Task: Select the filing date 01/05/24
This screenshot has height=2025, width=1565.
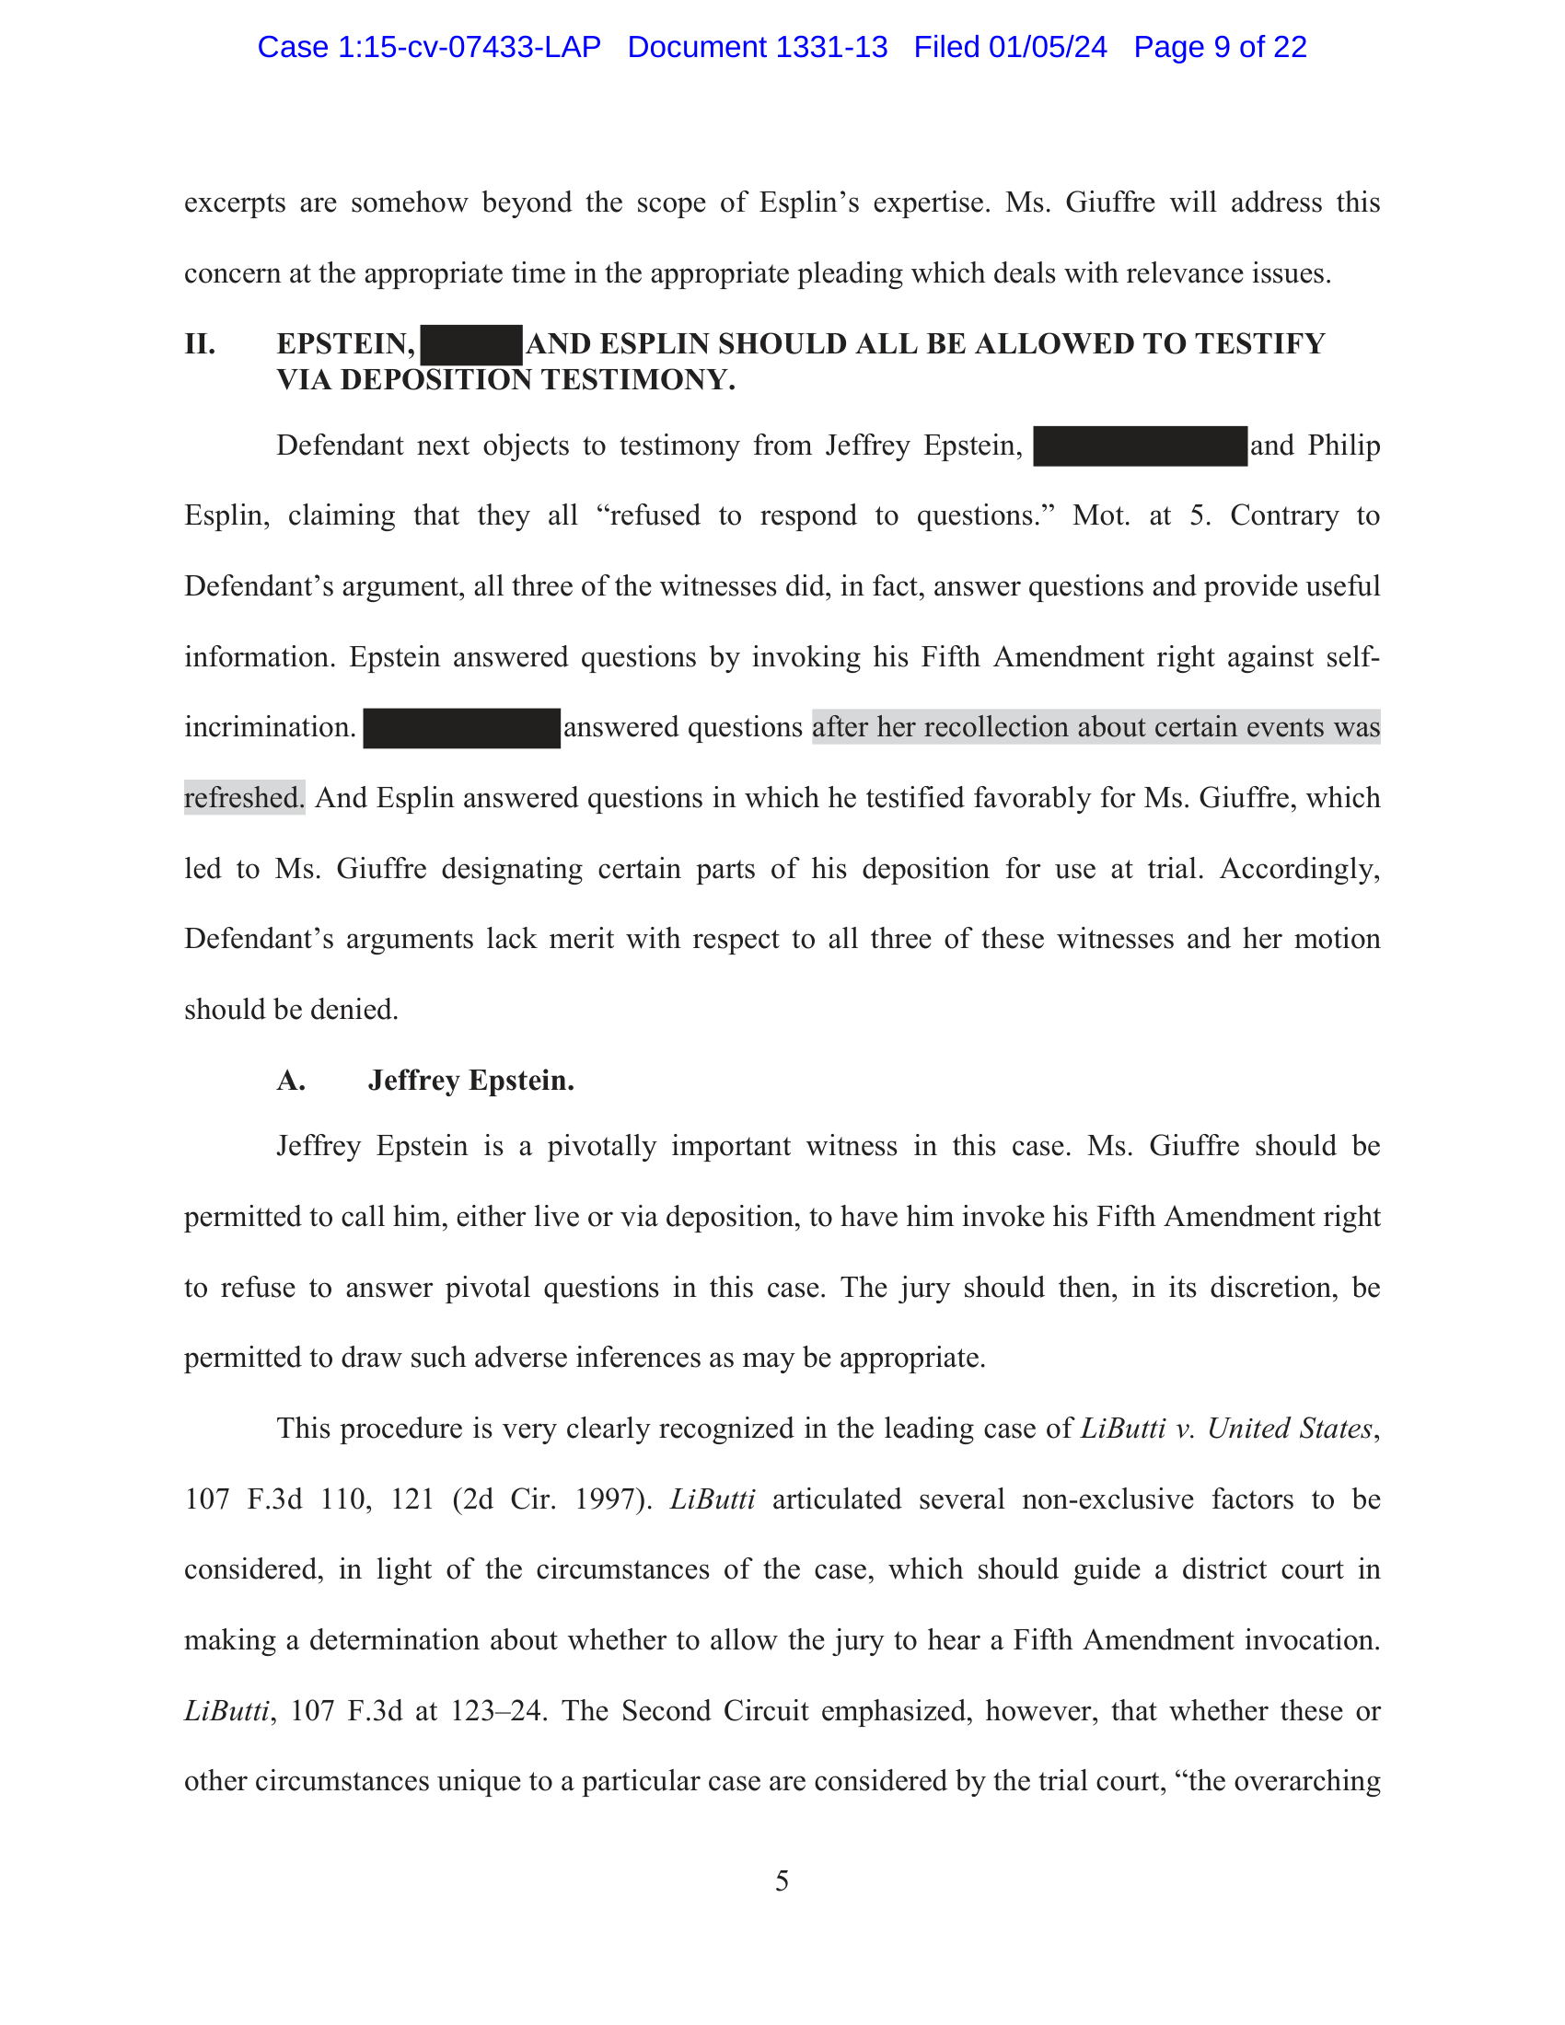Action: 1047,47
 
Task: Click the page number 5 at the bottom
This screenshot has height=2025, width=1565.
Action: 782,1880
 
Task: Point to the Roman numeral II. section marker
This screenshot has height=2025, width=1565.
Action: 201,344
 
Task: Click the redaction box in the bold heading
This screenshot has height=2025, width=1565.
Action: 471,345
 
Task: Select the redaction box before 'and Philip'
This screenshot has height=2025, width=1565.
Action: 1140,446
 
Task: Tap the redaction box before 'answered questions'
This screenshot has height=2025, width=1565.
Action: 462,728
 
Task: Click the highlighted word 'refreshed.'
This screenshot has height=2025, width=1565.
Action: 244,797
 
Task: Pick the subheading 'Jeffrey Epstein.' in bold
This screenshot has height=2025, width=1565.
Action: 471,1081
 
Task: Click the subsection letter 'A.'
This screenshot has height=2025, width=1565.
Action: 291,1081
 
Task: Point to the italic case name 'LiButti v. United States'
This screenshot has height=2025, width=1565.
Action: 1225,1428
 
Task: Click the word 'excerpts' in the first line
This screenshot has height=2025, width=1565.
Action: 235,202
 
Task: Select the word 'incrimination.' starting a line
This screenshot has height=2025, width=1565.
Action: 270,727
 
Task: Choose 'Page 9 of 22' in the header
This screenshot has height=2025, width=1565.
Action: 1220,47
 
